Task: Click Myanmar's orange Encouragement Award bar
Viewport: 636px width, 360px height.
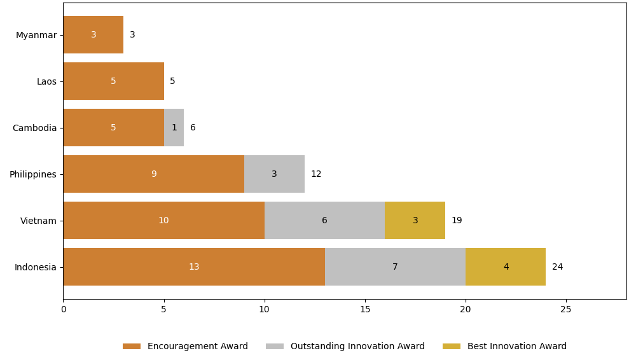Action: pos(93,35)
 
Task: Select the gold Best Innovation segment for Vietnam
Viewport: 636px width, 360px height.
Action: pos(415,221)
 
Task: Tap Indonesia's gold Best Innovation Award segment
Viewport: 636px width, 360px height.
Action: pos(506,267)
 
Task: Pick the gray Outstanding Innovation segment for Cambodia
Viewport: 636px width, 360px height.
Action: pos(174,128)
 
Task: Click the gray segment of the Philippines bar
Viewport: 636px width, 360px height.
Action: pos(274,174)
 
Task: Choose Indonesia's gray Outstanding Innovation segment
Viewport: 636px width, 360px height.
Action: pos(395,267)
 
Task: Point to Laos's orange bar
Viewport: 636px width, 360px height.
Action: pos(113,81)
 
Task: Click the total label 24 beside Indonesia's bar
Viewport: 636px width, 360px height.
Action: pos(557,267)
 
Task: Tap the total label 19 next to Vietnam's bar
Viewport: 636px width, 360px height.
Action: pos(457,221)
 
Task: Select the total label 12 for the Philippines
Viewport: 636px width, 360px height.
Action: pos(316,174)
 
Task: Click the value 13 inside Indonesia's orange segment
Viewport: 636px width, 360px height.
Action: pos(194,267)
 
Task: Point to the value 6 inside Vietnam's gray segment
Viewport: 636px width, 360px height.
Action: pos(324,221)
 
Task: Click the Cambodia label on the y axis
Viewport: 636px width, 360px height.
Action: pos(34,128)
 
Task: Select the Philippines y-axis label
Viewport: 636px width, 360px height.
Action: pos(32,174)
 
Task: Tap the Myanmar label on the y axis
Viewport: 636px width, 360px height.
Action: pos(36,35)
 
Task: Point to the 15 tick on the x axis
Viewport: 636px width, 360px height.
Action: pos(365,310)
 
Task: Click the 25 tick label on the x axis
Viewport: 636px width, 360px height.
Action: pos(566,310)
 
